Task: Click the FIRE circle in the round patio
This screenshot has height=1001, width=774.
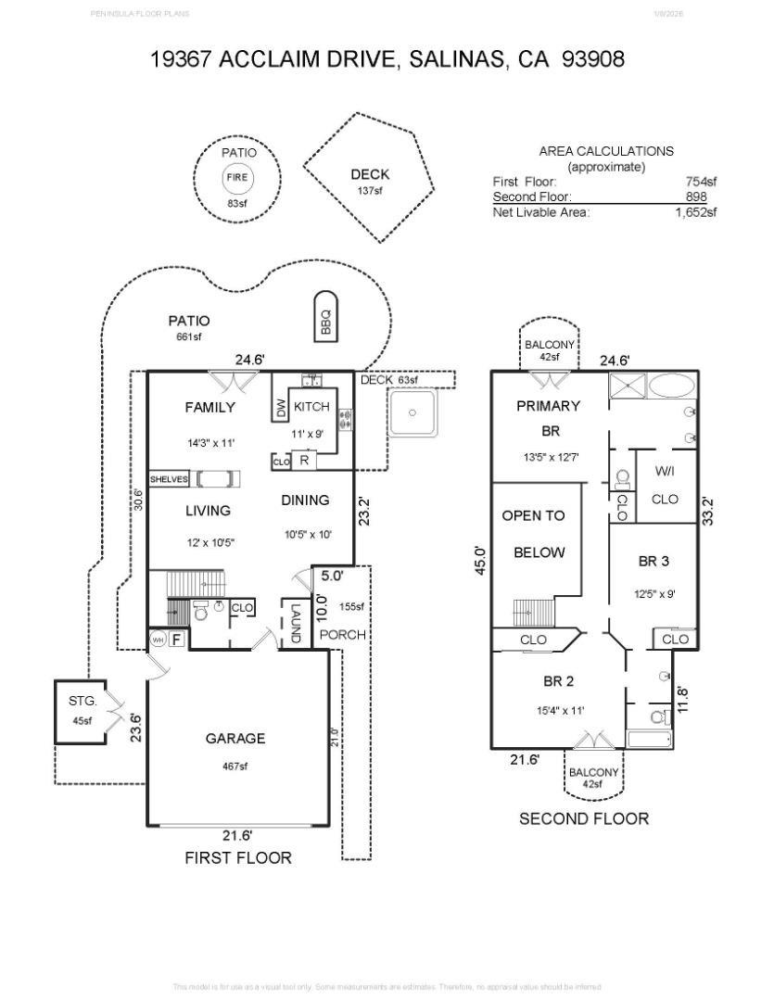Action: pyautogui.click(x=237, y=178)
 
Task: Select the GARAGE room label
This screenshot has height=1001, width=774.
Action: pyautogui.click(x=235, y=739)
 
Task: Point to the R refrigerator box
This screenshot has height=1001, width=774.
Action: pyautogui.click(x=303, y=459)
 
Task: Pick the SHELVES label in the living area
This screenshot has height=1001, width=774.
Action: pyautogui.click(x=170, y=479)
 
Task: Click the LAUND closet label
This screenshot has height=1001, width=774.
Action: pyautogui.click(x=296, y=624)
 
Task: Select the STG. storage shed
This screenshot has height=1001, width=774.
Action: pyautogui.click(x=82, y=711)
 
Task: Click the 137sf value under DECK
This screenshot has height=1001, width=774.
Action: pyautogui.click(x=370, y=191)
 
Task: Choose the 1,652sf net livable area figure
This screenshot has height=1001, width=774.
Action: pyautogui.click(x=695, y=212)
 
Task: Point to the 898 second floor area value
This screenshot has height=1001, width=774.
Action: pyautogui.click(x=696, y=196)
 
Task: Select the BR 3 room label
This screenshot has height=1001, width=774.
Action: pyautogui.click(x=653, y=561)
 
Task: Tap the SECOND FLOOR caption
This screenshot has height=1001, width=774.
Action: pyautogui.click(x=583, y=818)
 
